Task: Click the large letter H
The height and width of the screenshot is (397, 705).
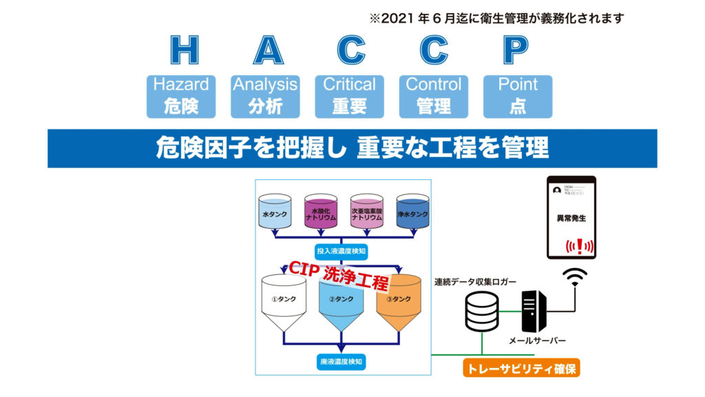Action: [x=185, y=50]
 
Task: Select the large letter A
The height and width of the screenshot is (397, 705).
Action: [x=269, y=50]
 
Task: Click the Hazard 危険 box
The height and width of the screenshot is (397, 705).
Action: [x=181, y=96]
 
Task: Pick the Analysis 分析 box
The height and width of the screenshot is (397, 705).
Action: [x=265, y=96]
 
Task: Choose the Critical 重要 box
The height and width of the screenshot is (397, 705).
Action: [x=350, y=96]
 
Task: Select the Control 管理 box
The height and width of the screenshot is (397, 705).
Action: [x=434, y=96]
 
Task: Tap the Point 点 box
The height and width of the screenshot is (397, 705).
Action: [x=518, y=96]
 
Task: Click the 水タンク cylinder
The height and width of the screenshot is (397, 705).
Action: [x=276, y=211]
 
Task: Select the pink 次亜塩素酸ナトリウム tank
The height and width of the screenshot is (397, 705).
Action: [x=366, y=211]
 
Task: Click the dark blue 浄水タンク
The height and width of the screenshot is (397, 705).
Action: [x=413, y=211]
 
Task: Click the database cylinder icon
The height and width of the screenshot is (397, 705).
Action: [x=483, y=311]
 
